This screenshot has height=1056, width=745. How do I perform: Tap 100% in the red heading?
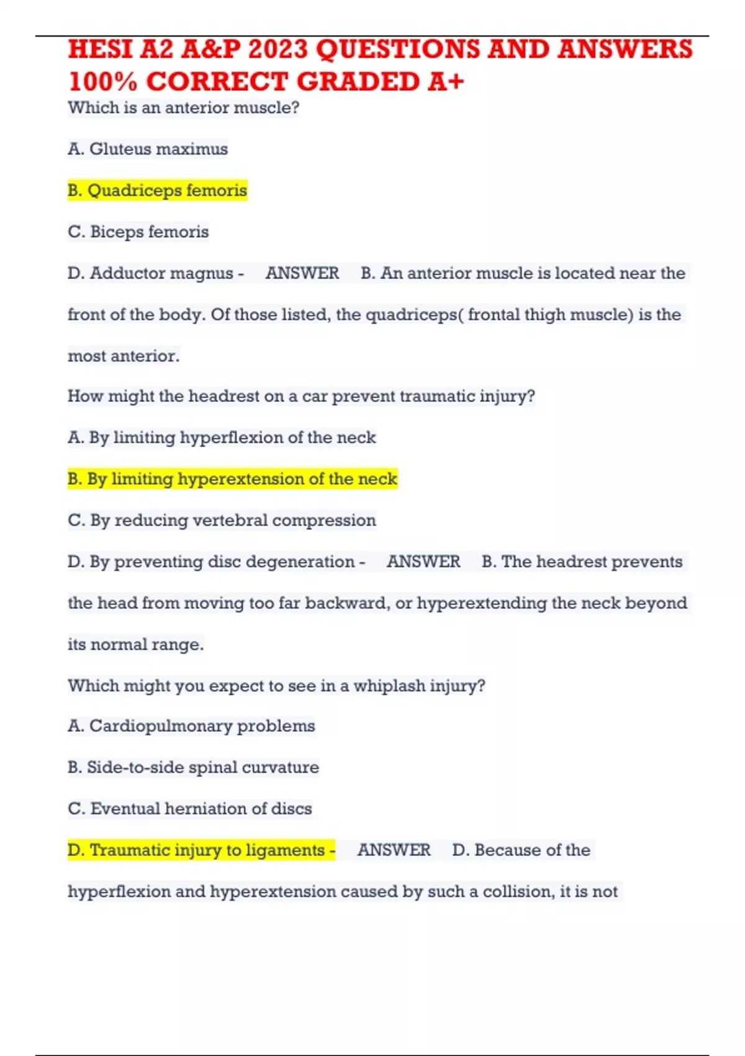coord(102,82)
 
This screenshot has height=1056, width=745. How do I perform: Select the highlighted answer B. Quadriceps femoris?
coord(157,190)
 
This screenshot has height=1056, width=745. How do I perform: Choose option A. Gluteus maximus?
coord(148,149)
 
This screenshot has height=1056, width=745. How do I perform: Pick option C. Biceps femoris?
coord(138,232)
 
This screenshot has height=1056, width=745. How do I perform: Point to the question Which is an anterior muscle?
coord(183,108)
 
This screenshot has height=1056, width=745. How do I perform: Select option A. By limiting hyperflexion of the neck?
coord(222,438)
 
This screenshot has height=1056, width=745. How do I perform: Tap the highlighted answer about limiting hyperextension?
coord(232,479)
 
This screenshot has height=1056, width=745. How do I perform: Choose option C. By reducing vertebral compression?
coord(222,521)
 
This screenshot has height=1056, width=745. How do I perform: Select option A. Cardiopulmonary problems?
coord(191,726)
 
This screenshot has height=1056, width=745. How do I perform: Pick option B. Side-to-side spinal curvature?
coord(193,768)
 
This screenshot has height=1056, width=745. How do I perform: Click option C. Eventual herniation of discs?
coord(189,809)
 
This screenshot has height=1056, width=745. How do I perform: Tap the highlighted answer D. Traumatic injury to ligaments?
coord(201,850)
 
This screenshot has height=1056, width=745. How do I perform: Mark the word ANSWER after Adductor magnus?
coord(302,273)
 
